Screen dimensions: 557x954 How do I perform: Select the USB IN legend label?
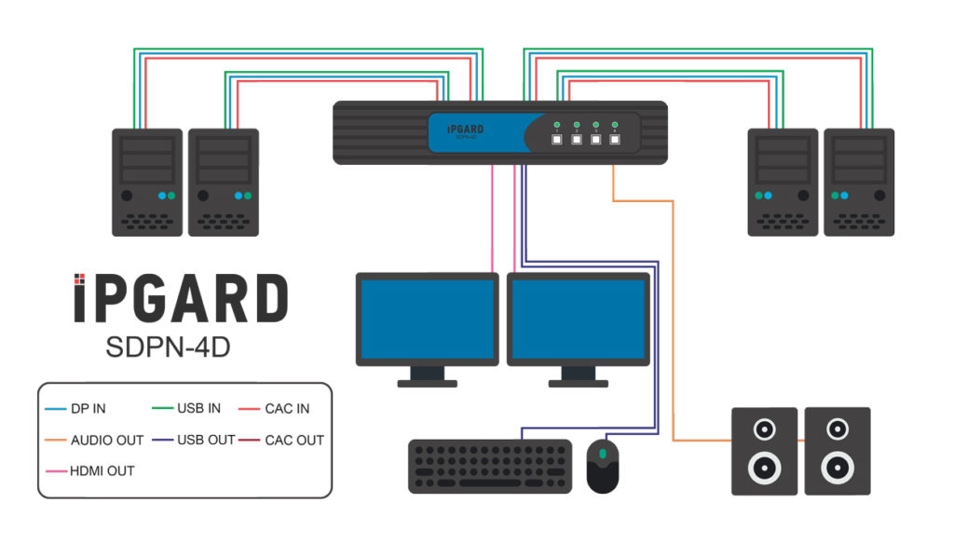pyautogui.click(x=198, y=408)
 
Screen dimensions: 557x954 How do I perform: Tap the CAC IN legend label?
pyautogui.click(x=287, y=408)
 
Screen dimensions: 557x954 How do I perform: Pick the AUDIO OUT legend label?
pyautogui.click(x=107, y=440)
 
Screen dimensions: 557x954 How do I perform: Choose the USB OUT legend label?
pyautogui.click(x=206, y=440)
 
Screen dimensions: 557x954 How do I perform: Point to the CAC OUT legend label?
pyautogui.click(x=294, y=440)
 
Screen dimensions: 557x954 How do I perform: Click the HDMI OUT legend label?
pyautogui.click(x=102, y=470)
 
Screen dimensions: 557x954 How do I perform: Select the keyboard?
pyautogui.click(x=490, y=466)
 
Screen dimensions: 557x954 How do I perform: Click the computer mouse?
pyautogui.click(x=603, y=466)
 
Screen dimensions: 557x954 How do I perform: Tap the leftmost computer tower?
pyautogui.click(x=146, y=182)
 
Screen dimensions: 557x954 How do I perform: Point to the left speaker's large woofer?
pyautogui.click(x=764, y=467)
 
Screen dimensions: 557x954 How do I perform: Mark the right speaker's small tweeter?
pyautogui.click(x=837, y=429)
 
